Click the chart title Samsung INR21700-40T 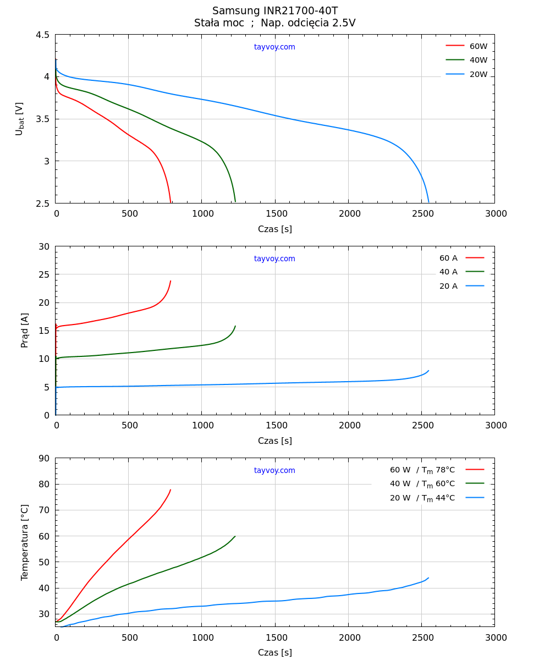coord(275,11)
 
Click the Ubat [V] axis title coord(20,119)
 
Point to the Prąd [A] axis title coord(25,330)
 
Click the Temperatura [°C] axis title coord(25,542)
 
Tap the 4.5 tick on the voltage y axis coord(42,35)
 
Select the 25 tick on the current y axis coord(44,274)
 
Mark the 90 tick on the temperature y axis coord(44,458)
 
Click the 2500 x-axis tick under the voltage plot coord(422,214)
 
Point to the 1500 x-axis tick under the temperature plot coord(276,637)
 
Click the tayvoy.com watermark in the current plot coord(274,259)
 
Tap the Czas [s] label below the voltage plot coord(275,229)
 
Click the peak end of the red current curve coord(170,281)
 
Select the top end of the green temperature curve coord(235,536)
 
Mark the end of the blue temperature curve coord(428,578)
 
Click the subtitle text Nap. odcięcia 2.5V coord(308,23)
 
